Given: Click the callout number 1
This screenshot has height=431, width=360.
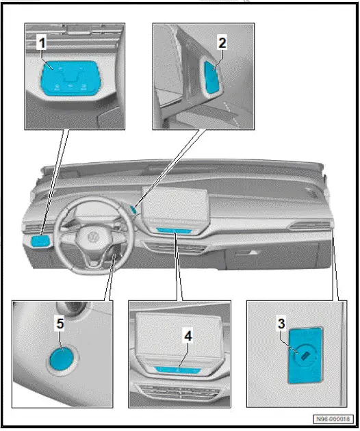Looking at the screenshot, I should click(42, 42).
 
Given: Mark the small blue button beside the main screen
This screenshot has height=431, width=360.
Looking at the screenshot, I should click(137, 210).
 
